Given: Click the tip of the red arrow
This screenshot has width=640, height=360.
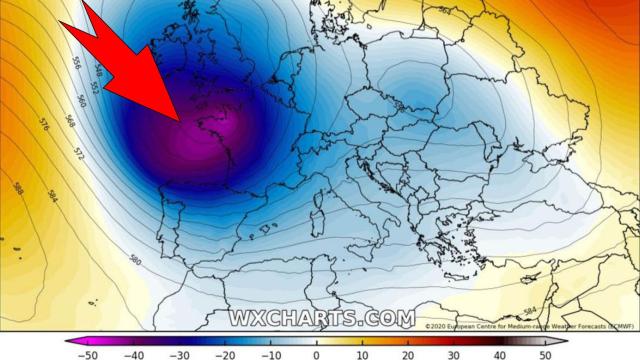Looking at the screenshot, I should [180, 122].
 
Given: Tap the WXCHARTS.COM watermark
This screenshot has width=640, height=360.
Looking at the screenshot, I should [322, 319].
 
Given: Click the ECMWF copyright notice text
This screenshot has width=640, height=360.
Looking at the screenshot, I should [530, 325].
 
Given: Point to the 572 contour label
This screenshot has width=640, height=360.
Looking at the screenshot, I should [78, 154].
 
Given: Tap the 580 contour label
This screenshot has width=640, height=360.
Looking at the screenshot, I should [134, 260].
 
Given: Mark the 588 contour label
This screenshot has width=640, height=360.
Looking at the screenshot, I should [19, 187].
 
